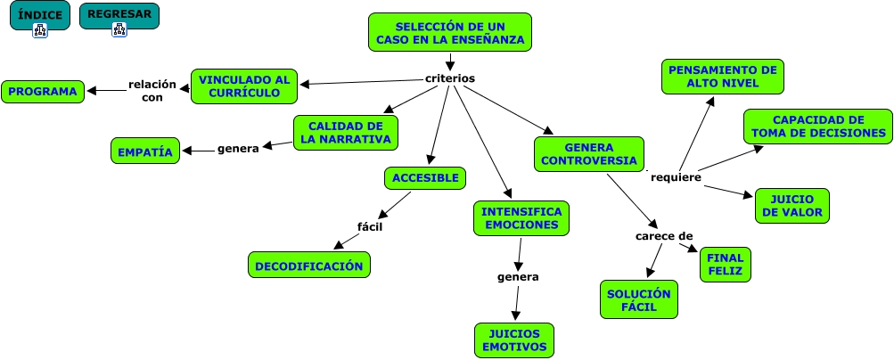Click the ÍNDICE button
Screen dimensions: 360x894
click(39, 16)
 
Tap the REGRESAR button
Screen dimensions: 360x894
click(119, 16)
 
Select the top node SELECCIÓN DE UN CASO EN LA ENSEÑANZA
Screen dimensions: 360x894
click(450, 34)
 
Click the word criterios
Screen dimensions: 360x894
click(450, 78)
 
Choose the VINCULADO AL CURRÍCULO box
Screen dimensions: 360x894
click(244, 86)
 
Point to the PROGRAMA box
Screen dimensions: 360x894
click(44, 91)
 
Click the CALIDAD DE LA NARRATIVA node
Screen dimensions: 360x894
click(346, 133)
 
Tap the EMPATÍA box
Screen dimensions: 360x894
click(145, 151)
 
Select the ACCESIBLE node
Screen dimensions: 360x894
click(426, 178)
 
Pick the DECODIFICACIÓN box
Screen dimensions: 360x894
click(308, 265)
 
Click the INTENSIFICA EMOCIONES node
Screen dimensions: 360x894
click(521, 218)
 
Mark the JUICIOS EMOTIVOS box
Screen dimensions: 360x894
click(514, 340)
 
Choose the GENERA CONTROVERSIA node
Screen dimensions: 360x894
click(589, 153)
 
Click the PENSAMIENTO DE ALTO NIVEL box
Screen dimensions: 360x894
click(723, 77)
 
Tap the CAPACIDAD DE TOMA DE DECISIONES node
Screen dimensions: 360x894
click(818, 127)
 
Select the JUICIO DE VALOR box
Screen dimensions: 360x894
click(791, 206)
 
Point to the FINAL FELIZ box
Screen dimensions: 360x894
click(725, 265)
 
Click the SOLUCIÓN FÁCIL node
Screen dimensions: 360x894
click(638, 299)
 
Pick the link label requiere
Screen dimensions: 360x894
click(676, 176)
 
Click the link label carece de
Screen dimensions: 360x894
click(664, 236)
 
